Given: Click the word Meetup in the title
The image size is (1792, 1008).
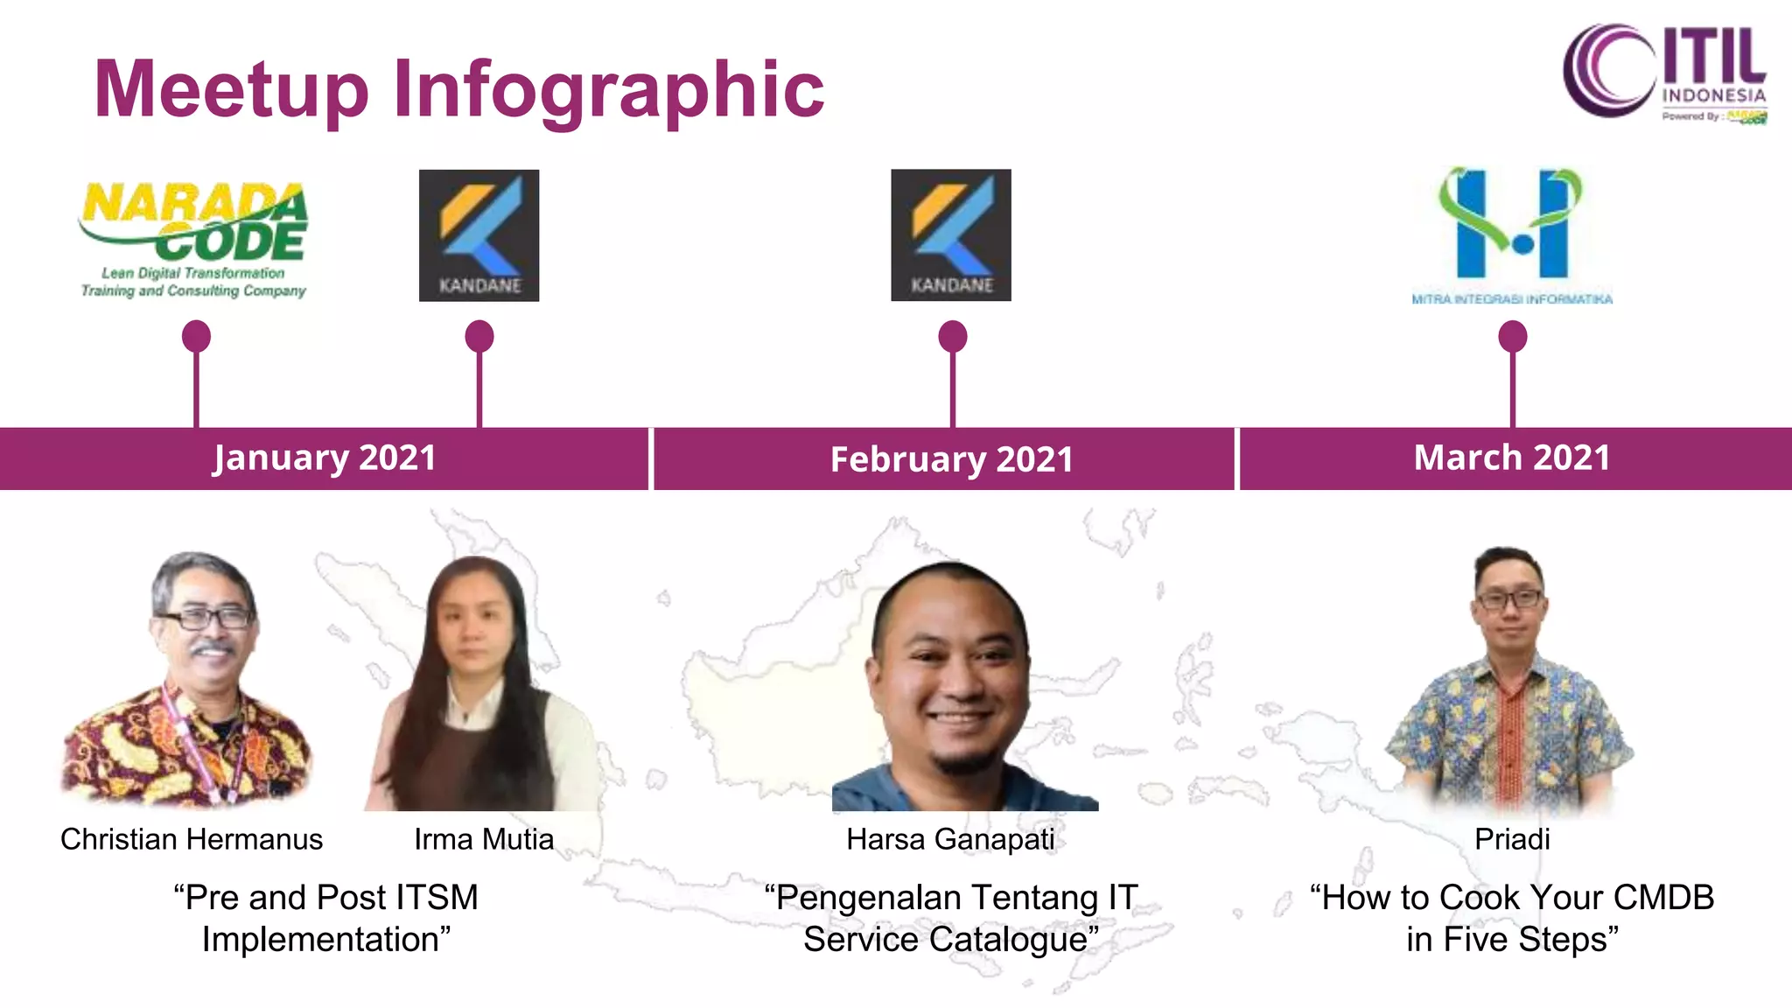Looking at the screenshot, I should (231, 89).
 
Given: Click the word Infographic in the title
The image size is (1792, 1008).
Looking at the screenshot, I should (608, 89).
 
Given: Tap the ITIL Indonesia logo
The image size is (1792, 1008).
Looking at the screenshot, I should (1664, 73).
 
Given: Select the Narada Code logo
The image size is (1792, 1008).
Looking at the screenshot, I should (194, 238).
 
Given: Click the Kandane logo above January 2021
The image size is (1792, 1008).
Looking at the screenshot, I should (479, 235).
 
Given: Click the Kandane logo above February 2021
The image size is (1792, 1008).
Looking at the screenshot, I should (951, 235).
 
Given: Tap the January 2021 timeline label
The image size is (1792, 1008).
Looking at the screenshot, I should (324, 458).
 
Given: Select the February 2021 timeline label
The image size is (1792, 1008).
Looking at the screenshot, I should (951, 459).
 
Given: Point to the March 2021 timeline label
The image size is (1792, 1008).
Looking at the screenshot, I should (1512, 458).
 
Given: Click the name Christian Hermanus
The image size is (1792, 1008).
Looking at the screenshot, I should (192, 839).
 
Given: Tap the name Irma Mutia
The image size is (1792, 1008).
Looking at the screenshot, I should (484, 839).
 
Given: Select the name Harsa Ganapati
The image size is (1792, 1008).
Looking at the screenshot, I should (951, 839).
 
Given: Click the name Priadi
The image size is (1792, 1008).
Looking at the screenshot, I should (1512, 839).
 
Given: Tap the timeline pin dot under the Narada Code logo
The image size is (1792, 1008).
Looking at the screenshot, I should (196, 336).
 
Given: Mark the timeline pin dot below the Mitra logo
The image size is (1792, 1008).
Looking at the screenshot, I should (1512, 336).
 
